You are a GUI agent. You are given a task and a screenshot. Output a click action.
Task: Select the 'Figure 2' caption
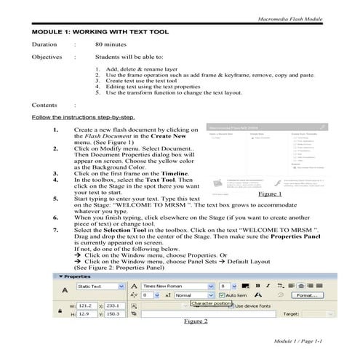pos(196,321)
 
